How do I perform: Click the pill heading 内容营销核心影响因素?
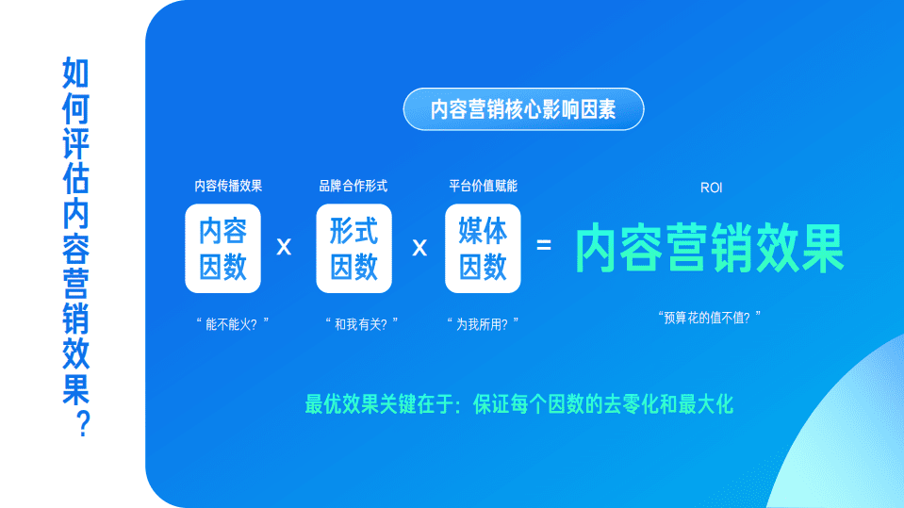[x=523, y=109]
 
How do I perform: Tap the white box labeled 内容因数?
[x=222, y=248]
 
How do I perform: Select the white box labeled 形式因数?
[x=353, y=248]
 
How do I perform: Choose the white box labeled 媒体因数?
[x=483, y=248]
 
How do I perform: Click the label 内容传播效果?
[x=228, y=186]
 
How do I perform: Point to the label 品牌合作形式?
[x=353, y=186]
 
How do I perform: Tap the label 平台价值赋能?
[x=483, y=186]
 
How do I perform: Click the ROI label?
[x=711, y=188]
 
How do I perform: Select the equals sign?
[x=544, y=246]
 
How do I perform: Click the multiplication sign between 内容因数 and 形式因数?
[x=284, y=248]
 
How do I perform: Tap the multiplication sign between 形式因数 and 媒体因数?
[x=419, y=248]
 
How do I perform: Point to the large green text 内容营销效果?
[x=710, y=248]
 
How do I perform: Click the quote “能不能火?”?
[x=232, y=323]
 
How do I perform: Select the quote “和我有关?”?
[x=360, y=323]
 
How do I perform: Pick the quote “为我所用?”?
[x=483, y=323]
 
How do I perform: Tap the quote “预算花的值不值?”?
[x=709, y=318]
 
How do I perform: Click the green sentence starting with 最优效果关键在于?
[x=519, y=405]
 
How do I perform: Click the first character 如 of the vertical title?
[x=75, y=73]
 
